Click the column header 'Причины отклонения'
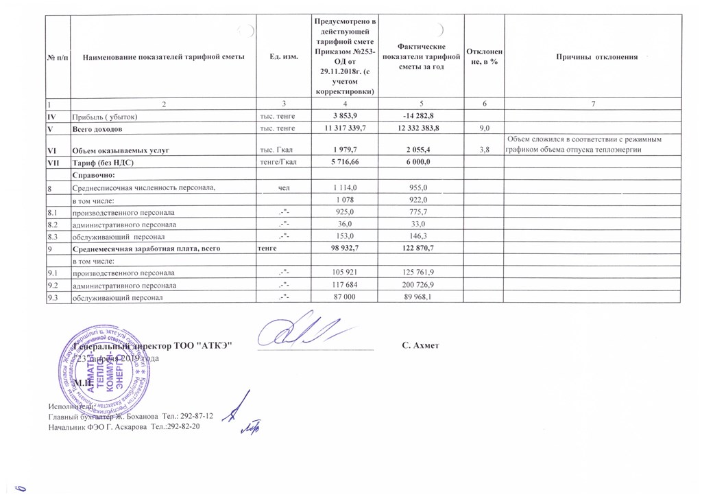(596, 56)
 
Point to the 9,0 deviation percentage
(484, 129)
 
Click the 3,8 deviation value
(484, 149)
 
